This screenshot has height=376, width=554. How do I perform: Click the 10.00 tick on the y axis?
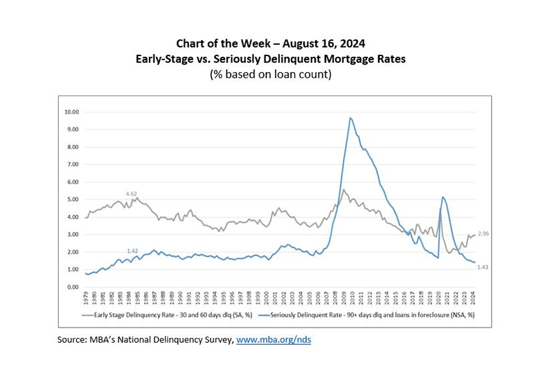coord(73,111)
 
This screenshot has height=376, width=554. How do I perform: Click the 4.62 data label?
coord(132,193)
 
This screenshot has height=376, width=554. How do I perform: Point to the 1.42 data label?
coord(133,250)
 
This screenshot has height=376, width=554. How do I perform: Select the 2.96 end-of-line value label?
coord(483,235)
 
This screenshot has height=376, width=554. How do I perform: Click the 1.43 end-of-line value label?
coord(483,267)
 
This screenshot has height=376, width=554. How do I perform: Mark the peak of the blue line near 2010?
coord(350,118)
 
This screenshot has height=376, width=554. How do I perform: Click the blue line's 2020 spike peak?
coord(443,197)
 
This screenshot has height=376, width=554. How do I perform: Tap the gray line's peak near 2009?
coord(343,189)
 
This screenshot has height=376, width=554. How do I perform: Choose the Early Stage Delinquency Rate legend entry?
coord(170,314)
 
